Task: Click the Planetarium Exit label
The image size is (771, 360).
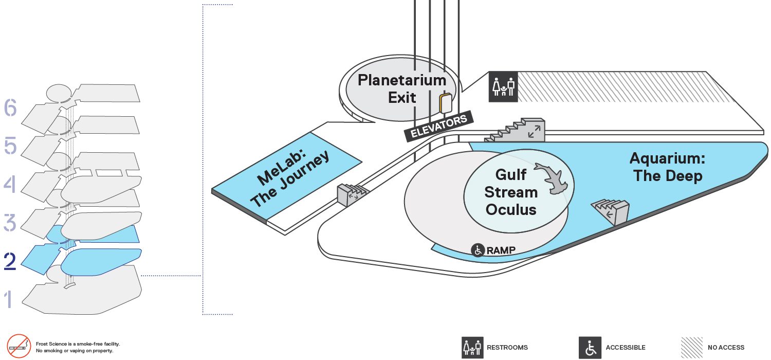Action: pyautogui.click(x=402, y=89)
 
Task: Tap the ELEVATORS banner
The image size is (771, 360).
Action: pyautogui.click(x=439, y=127)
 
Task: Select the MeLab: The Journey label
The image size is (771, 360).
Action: pyautogui.click(x=289, y=178)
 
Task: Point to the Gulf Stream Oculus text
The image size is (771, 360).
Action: pyautogui.click(x=511, y=192)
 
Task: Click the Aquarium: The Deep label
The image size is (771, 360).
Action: pyautogui.click(x=667, y=167)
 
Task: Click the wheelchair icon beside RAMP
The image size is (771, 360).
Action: pyautogui.click(x=478, y=250)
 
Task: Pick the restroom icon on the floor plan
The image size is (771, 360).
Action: pyautogui.click(x=503, y=87)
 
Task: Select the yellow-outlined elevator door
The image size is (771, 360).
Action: pyautogui.click(x=446, y=103)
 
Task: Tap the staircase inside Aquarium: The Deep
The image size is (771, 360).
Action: pyautogui.click(x=611, y=211)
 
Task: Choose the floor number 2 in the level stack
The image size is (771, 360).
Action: pyautogui.click(x=10, y=261)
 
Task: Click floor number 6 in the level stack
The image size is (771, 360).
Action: pyautogui.click(x=10, y=107)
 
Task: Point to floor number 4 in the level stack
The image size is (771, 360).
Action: pyautogui.click(x=10, y=184)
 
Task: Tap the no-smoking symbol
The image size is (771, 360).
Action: pyautogui.click(x=19, y=346)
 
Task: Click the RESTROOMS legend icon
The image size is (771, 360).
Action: pyautogui.click(x=472, y=348)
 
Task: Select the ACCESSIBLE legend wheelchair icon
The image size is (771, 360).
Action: pyautogui.click(x=590, y=348)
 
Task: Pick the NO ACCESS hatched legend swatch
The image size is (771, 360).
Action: pyautogui.click(x=692, y=348)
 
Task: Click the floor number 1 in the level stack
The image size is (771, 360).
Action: pyautogui.click(x=9, y=299)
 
